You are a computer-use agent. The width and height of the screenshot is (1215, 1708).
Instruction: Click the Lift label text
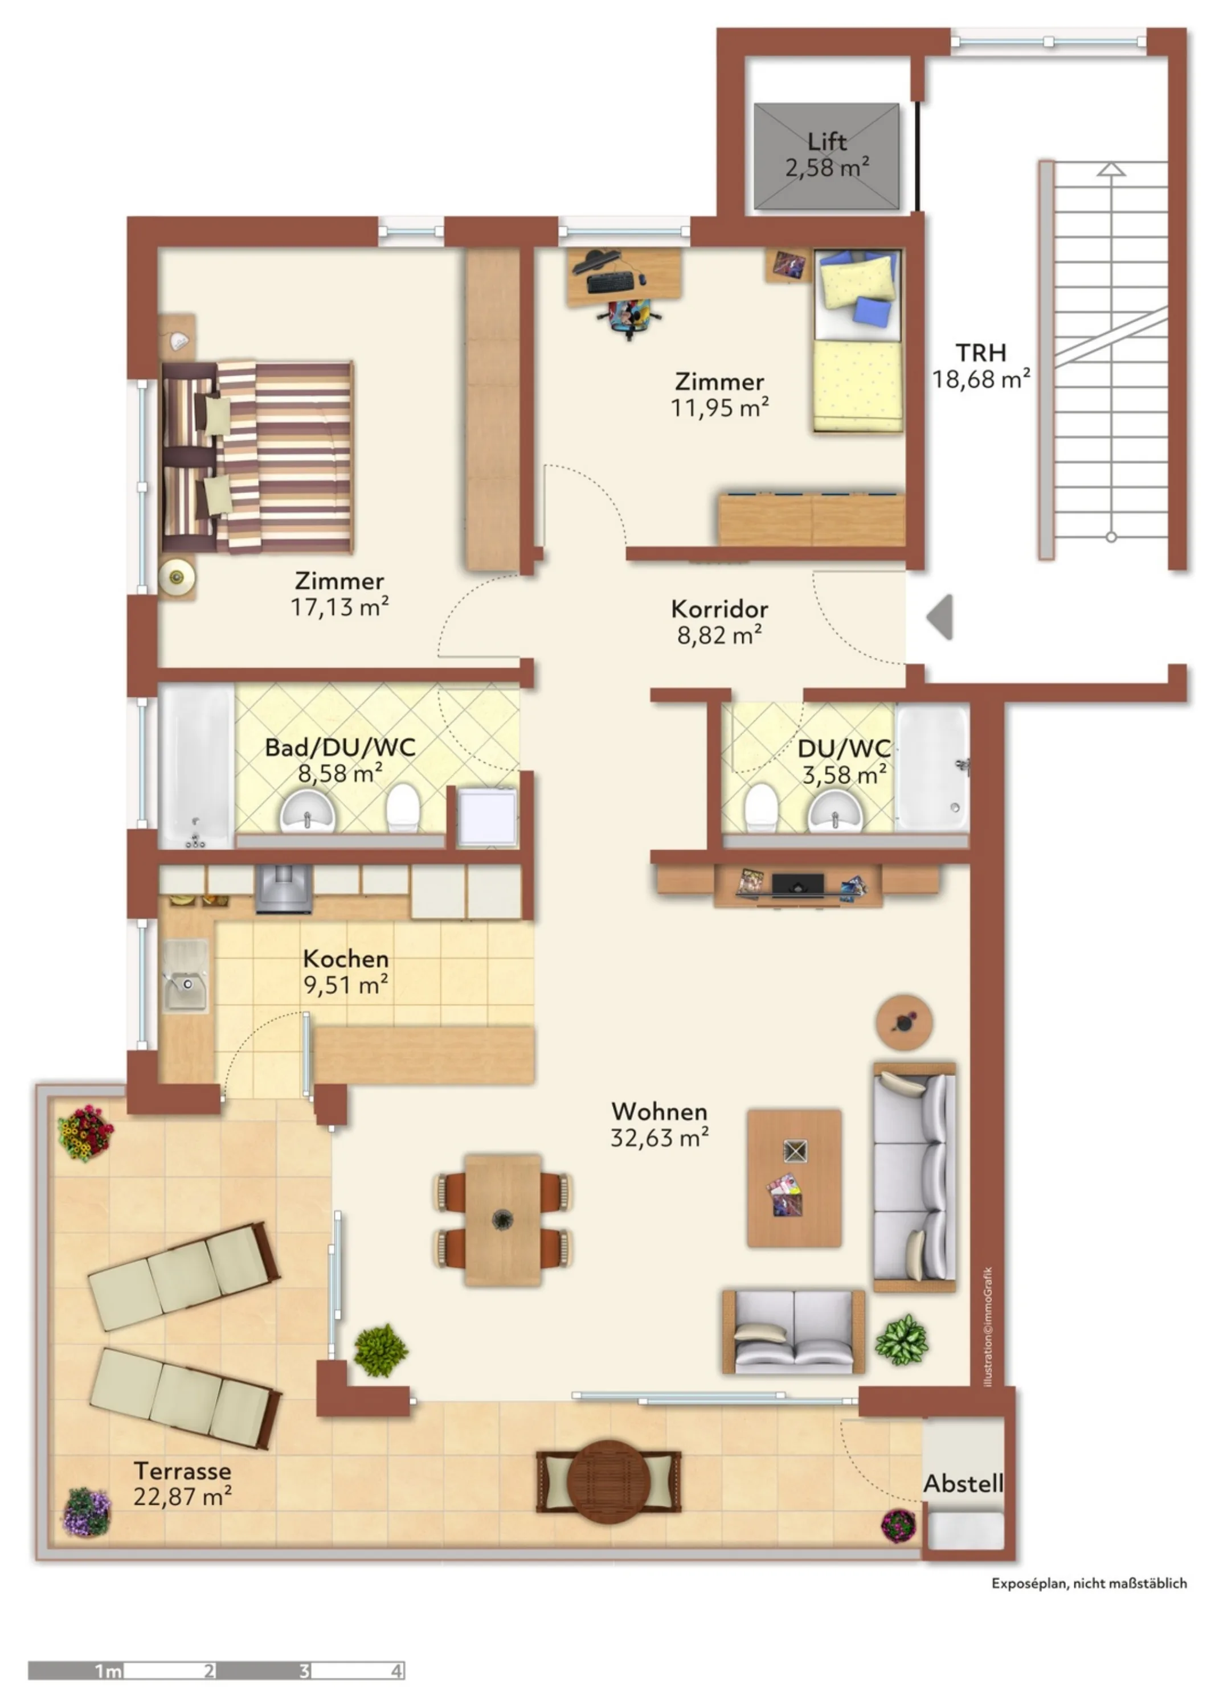pos(827,141)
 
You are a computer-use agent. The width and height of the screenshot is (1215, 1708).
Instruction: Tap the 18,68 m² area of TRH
pos(981,379)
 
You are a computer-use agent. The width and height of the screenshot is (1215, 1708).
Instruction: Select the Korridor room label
pos(719,609)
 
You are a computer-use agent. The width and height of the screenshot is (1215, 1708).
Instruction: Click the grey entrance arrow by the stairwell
pos(940,617)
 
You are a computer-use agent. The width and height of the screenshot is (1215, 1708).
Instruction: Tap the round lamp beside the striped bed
pos(177,577)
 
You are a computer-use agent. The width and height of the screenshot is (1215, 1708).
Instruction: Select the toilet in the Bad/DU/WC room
pos(403,807)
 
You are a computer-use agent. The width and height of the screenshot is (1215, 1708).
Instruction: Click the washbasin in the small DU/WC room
pos(835,811)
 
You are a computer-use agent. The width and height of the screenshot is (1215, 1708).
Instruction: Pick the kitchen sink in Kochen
pos(186,976)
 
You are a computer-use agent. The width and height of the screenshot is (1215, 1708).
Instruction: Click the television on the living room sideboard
pos(798,885)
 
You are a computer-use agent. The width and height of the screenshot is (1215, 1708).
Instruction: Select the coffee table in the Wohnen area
pos(794,1178)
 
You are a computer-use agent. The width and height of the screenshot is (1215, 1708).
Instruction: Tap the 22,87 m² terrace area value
pos(182,1496)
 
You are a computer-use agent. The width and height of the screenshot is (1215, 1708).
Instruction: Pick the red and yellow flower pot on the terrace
pos(85,1133)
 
